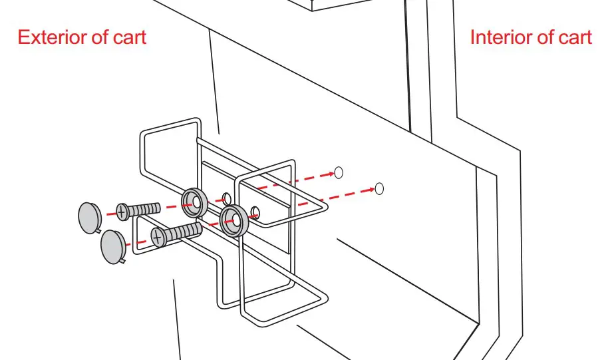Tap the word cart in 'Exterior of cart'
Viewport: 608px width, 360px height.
tap(127, 37)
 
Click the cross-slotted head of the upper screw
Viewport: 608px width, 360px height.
tap(122, 212)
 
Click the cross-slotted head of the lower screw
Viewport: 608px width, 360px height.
tap(158, 236)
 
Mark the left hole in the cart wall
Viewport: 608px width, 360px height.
tap(338, 172)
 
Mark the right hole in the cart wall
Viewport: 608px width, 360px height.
tap(379, 188)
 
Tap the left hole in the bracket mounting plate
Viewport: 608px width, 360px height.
tap(227, 198)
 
